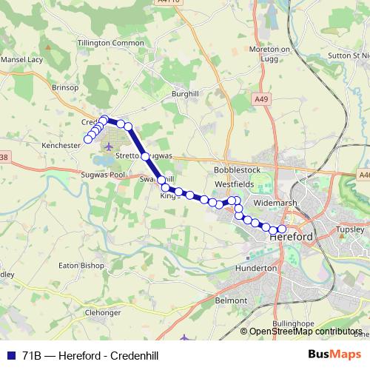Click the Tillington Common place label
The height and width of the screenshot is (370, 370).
(x=111, y=44)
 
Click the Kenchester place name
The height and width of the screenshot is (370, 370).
(x=61, y=146)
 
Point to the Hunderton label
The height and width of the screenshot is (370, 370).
(x=255, y=268)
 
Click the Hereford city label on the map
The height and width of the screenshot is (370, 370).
(x=292, y=236)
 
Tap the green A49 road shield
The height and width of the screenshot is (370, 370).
(x=260, y=98)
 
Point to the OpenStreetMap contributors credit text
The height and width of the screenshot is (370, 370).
(x=306, y=332)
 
